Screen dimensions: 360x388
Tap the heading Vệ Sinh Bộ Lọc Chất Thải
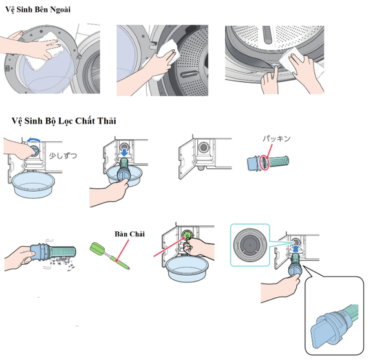point(63,121)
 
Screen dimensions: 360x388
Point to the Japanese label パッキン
point(277,139)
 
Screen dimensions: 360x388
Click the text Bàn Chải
point(127,233)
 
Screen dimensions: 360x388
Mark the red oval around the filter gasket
point(263,163)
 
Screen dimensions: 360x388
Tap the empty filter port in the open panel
point(205,148)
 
